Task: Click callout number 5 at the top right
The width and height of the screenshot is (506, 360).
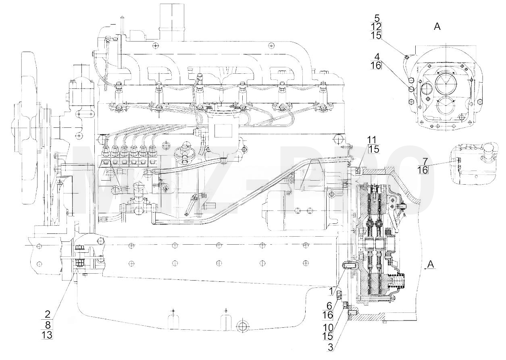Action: click(377, 18)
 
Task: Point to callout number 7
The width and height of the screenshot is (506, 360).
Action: click(425, 161)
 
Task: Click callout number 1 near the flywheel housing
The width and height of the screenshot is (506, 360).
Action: click(331, 291)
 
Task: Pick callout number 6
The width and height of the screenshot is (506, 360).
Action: click(329, 306)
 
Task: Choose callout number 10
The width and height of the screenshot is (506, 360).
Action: click(328, 327)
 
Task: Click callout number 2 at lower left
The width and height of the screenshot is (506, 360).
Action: click(48, 314)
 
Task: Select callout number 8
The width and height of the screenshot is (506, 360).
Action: click(48, 325)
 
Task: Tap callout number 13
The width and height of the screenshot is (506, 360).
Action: click(47, 335)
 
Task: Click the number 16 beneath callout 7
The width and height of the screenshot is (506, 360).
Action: click(423, 170)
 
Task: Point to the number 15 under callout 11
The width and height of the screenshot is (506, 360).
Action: click(374, 149)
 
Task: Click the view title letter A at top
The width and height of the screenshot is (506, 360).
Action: click(437, 27)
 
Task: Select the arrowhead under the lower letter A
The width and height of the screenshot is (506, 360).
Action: click(426, 269)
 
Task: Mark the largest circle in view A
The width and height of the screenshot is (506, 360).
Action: click(447, 83)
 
